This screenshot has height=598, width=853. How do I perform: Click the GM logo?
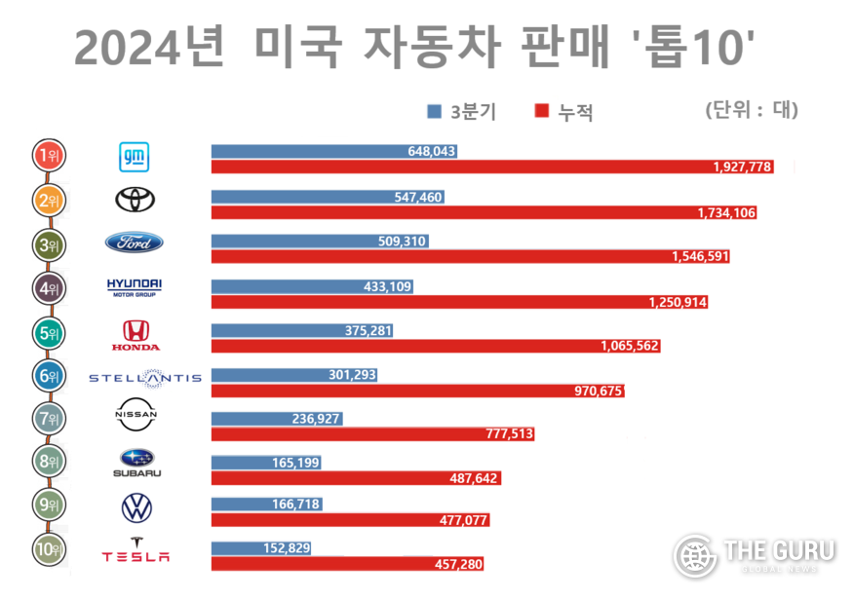coord(135,157)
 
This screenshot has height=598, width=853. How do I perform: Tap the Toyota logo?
coord(135,200)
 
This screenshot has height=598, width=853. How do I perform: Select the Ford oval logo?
coord(135,243)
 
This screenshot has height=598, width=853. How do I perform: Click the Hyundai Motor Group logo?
coord(135,286)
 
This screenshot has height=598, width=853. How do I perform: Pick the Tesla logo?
coord(136,549)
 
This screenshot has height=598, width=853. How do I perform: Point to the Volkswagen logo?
coord(136,507)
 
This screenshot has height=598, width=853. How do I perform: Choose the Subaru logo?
coord(136,464)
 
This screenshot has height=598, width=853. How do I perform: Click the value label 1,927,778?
coord(743,168)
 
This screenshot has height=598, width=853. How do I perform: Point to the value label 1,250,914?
coord(678,302)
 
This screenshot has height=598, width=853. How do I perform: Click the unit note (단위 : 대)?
coord(751,110)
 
